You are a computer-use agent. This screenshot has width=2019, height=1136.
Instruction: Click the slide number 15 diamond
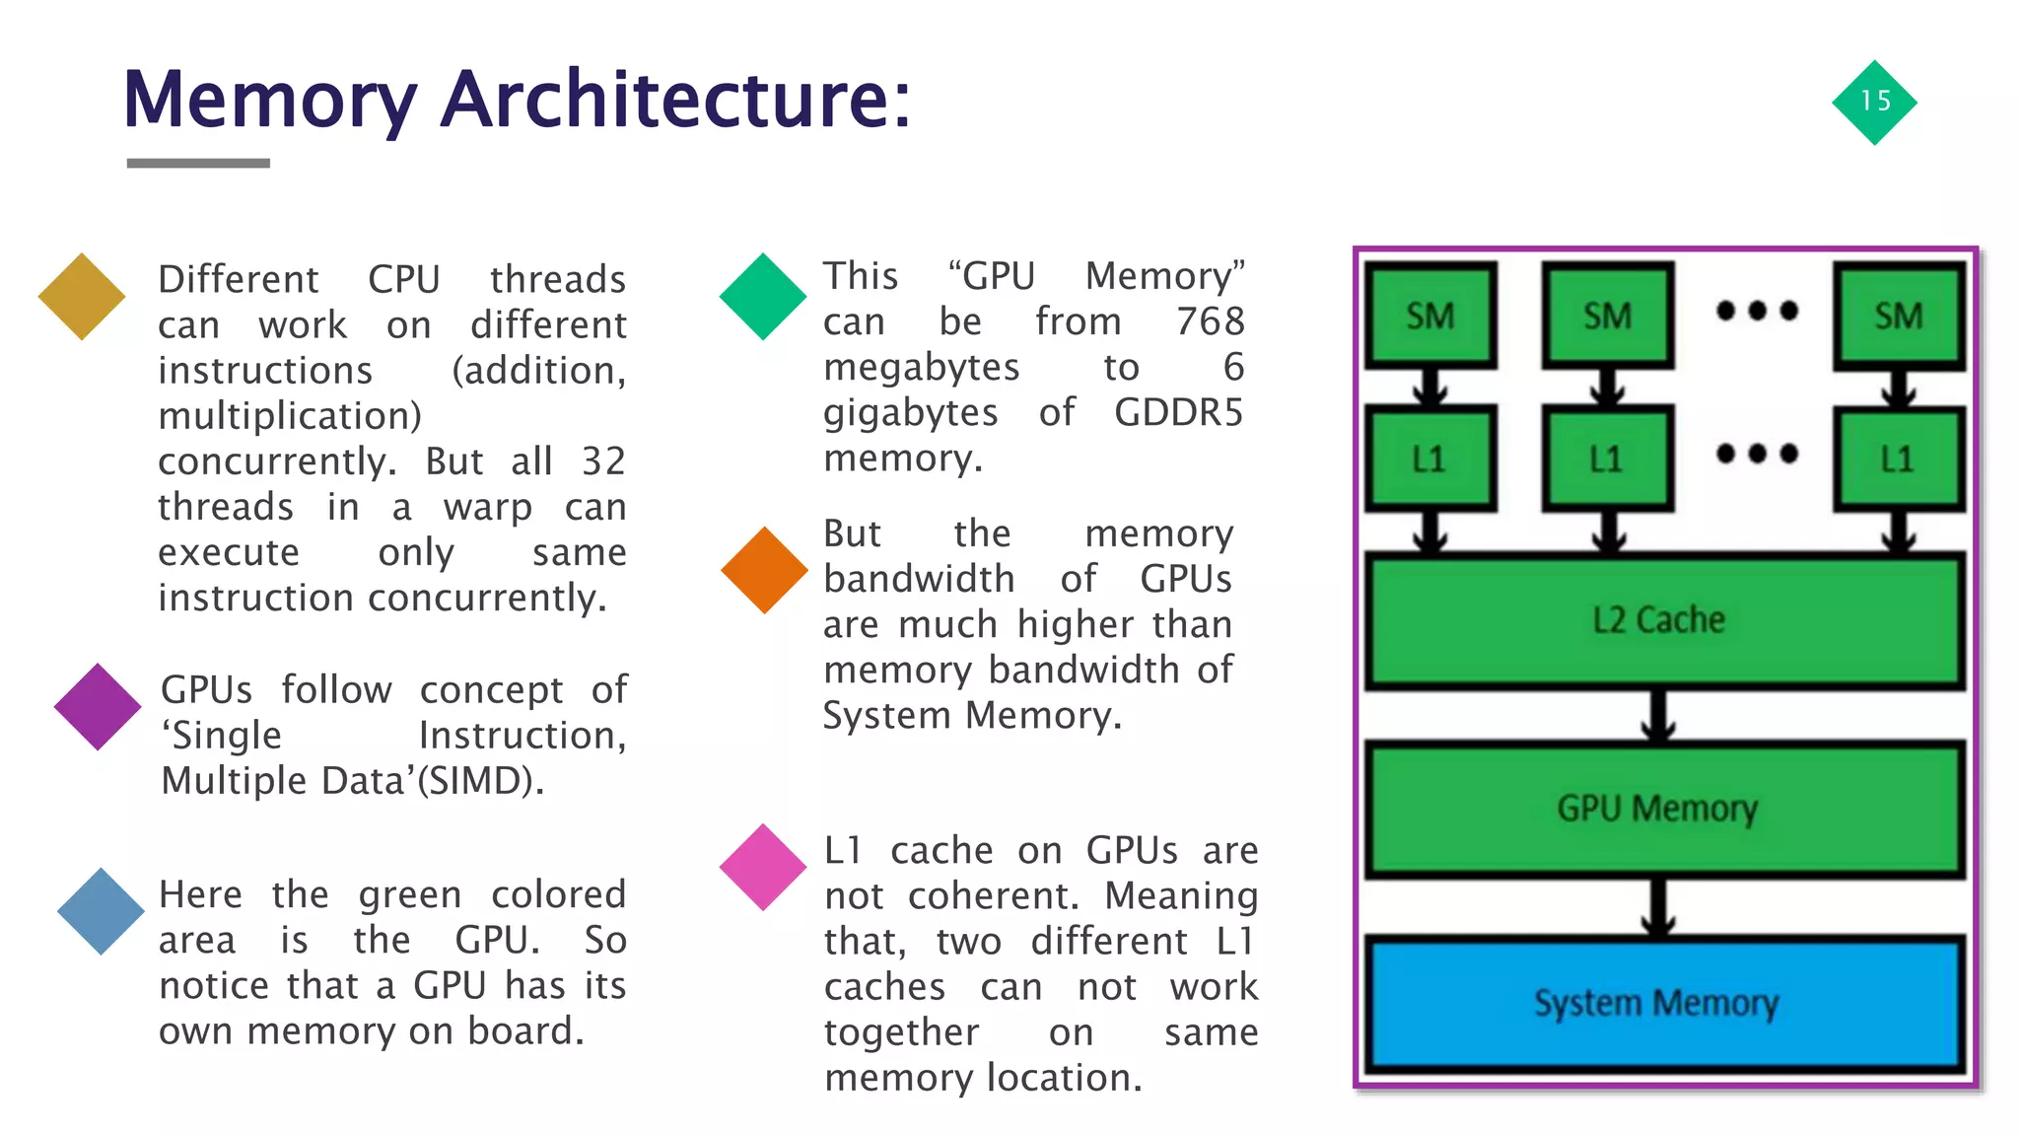click(x=1874, y=102)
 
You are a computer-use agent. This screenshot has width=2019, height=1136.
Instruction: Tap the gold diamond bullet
click(x=82, y=296)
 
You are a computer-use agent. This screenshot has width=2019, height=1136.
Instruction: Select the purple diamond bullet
click(x=98, y=706)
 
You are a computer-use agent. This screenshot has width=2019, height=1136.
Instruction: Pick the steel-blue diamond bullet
click(x=101, y=911)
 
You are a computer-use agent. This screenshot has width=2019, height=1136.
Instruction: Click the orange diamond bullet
click(x=764, y=570)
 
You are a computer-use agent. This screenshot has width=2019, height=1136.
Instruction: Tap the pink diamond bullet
click(x=763, y=867)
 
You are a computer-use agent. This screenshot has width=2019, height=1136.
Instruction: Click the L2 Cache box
click(x=1663, y=620)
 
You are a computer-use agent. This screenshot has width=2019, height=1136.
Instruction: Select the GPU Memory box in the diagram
click(x=1663, y=809)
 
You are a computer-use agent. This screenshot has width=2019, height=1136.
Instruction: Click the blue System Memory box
click(x=1663, y=1004)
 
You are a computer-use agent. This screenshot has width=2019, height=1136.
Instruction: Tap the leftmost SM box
click(x=1430, y=316)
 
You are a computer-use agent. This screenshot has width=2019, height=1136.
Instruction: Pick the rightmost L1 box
click(x=1898, y=459)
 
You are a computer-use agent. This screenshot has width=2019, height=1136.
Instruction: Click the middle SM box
click(x=1608, y=316)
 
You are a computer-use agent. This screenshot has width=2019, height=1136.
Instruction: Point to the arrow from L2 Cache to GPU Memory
click(x=1660, y=716)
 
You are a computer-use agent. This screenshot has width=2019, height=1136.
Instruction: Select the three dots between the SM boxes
click(x=1757, y=312)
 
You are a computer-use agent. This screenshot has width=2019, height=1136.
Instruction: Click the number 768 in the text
click(x=1211, y=321)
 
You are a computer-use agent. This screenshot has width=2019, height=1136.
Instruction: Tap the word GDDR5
click(x=1178, y=412)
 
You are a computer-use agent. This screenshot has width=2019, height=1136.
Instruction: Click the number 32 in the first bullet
click(x=603, y=461)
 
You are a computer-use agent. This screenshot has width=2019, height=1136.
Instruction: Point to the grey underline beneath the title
click(x=198, y=163)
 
